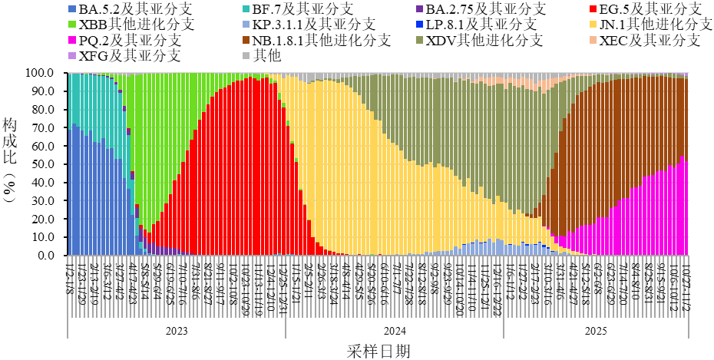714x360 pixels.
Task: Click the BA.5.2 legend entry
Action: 131,9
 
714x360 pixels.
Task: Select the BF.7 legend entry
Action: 304,9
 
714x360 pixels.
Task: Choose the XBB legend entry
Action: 131,25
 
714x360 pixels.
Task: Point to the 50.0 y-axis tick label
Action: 42,164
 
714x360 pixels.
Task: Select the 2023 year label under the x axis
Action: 177,332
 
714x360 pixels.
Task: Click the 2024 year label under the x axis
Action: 395,332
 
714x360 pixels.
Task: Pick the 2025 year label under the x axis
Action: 596,332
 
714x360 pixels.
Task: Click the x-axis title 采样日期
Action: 378,350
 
